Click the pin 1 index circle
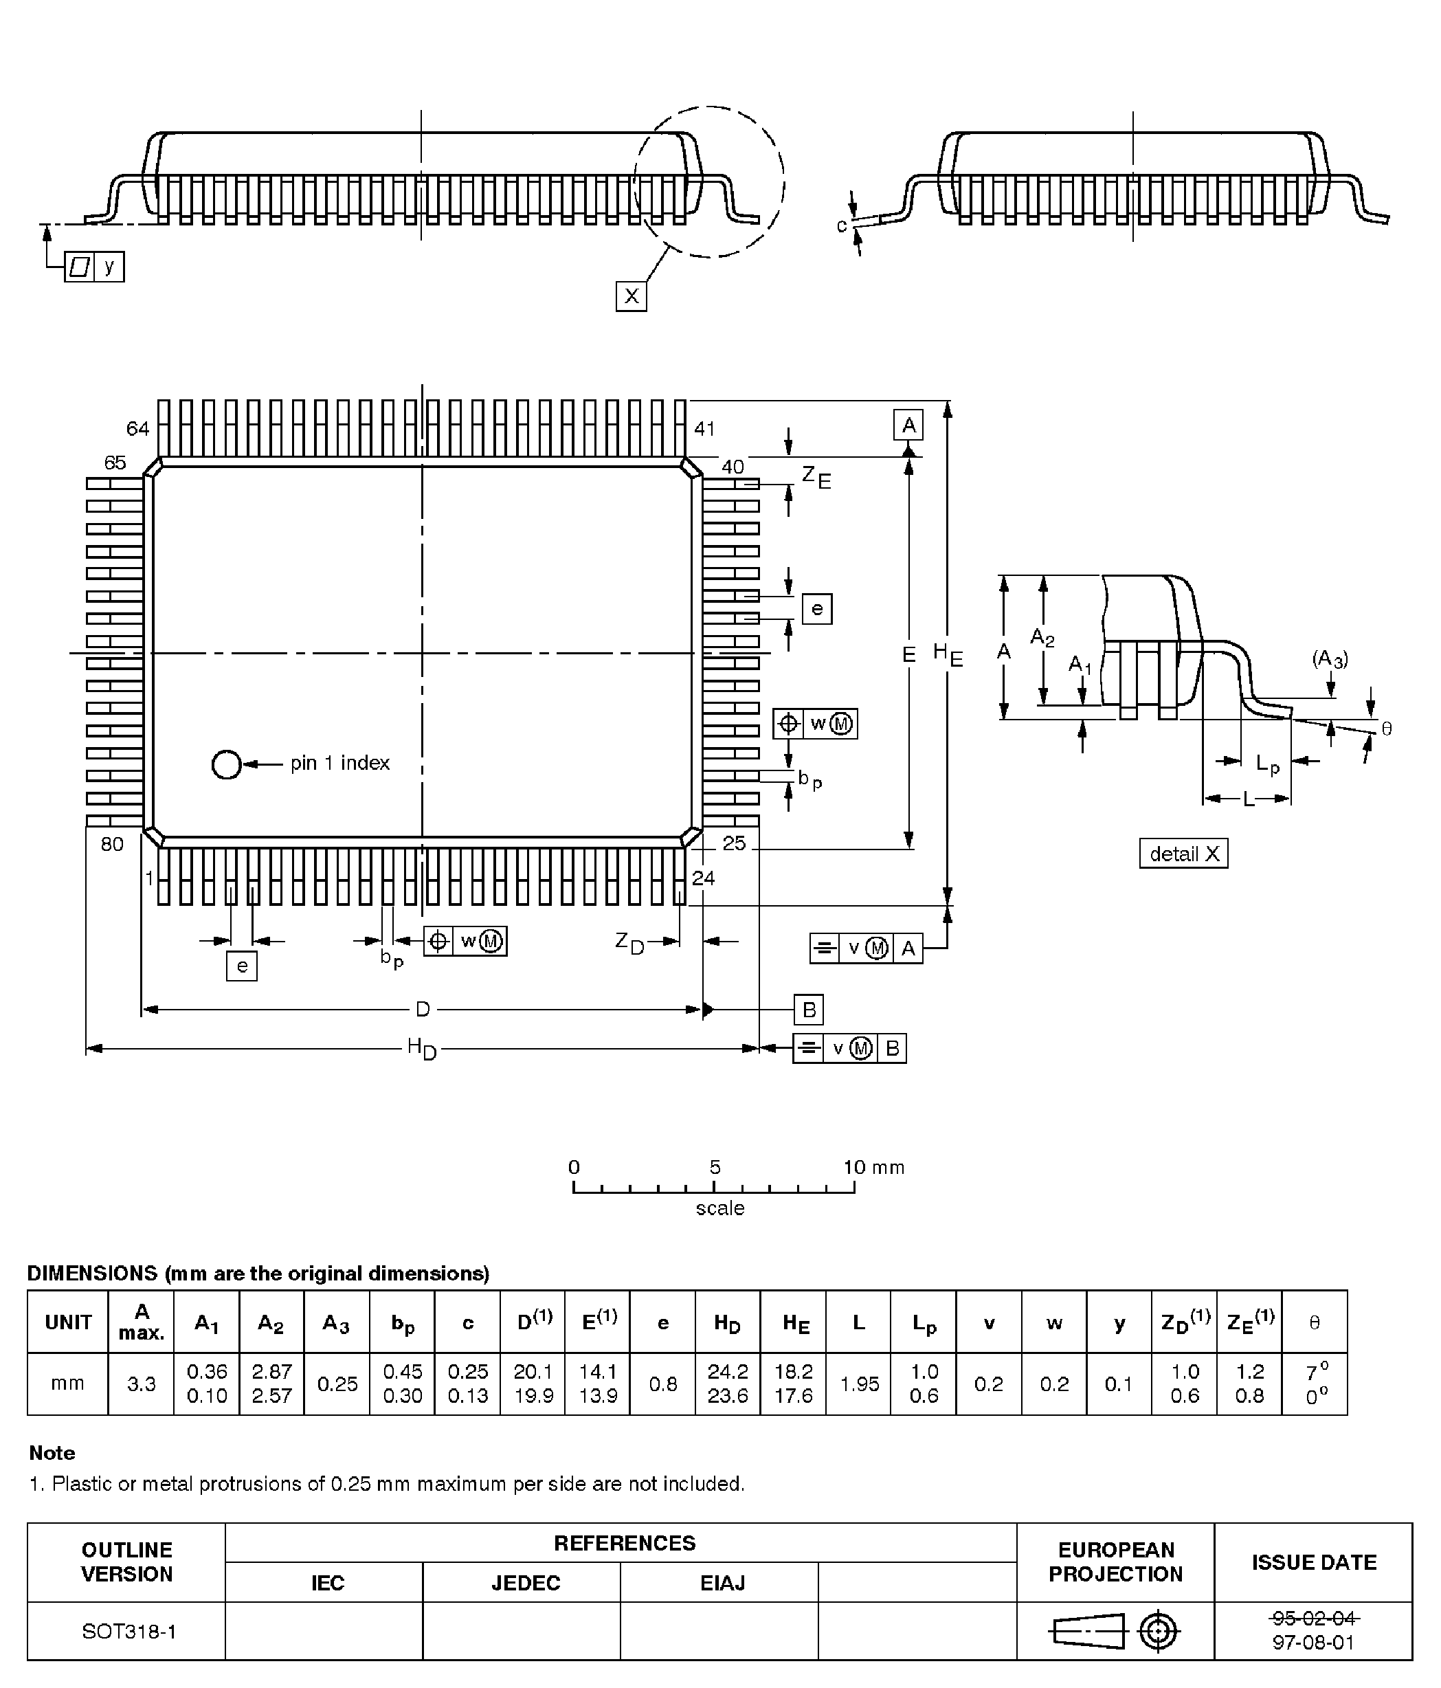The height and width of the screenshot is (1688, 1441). pyautogui.click(x=225, y=764)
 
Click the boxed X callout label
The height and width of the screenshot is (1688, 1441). pyautogui.click(x=631, y=296)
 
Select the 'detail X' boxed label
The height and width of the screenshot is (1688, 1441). pyautogui.click(x=1183, y=853)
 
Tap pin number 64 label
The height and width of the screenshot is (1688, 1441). pyautogui.click(x=137, y=428)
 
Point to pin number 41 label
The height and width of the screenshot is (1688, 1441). pyautogui.click(x=704, y=428)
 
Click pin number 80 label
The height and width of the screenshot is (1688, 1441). pyautogui.click(x=113, y=844)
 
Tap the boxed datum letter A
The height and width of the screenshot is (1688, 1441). pyautogui.click(x=908, y=425)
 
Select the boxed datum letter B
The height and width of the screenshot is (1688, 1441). pyautogui.click(x=809, y=1010)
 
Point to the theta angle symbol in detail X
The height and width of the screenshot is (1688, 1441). pyautogui.click(x=1387, y=729)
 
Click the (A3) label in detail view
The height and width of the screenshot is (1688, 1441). pyautogui.click(x=1330, y=658)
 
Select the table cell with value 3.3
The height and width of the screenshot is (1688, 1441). pyautogui.click(x=141, y=1384)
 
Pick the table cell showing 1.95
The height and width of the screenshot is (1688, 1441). pyautogui.click(x=860, y=1384)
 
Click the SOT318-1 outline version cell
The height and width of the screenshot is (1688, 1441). pyautogui.click(x=128, y=1631)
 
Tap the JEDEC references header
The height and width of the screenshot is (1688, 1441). pyautogui.click(x=526, y=1582)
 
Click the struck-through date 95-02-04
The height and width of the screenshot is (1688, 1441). pyautogui.click(x=1314, y=1617)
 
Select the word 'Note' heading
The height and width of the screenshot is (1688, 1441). pyautogui.click(x=52, y=1452)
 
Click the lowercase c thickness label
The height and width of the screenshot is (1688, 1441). pyautogui.click(x=842, y=225)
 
